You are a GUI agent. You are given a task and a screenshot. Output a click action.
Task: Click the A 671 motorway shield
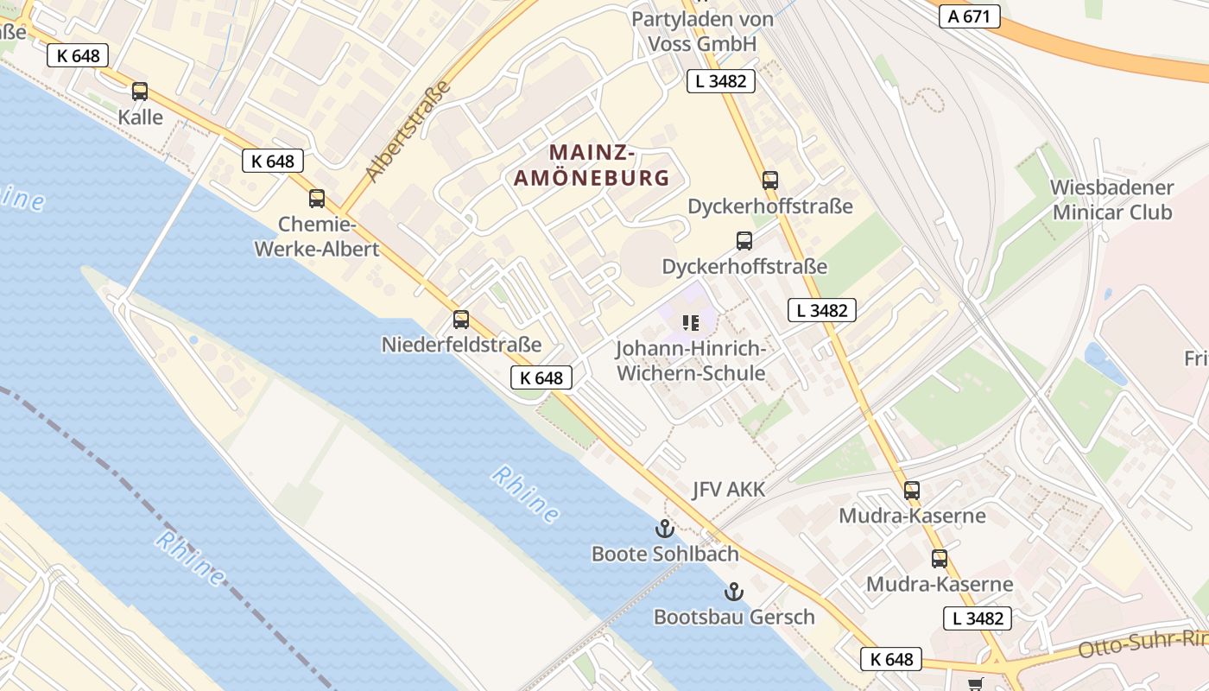pos(969,16)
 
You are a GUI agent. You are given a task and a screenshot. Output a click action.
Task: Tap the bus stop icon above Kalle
pos(140,92)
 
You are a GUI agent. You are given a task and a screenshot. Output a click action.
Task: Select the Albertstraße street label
pos(408,131)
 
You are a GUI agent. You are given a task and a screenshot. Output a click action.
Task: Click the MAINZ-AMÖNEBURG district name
pos(592,165)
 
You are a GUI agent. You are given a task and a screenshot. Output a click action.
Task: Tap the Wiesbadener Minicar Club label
pos(1111,200)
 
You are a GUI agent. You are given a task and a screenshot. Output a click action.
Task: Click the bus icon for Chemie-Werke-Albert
pos(317,199)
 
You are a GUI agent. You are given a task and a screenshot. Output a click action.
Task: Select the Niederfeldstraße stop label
pos(461,345)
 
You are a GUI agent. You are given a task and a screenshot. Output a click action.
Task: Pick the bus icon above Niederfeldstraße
pos(461,320)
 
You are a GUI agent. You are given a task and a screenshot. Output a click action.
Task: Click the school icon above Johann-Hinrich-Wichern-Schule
pos(690,323)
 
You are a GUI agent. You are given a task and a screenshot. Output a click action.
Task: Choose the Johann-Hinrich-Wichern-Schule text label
pos(690,361)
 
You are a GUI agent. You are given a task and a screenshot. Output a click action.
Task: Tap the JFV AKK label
pos(728,490)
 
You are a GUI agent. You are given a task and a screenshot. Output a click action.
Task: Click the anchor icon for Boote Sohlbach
pos(664,529)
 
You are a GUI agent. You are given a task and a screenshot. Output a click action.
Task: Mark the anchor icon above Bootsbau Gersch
pos(733,592)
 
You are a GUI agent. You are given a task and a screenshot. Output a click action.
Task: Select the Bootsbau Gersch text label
pos(733,617)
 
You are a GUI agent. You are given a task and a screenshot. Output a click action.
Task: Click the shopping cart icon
pos(976,684)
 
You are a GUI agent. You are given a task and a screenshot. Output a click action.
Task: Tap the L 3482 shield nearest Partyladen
pos(721,81)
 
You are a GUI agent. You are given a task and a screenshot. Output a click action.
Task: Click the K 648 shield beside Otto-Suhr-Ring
pos(892,659)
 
